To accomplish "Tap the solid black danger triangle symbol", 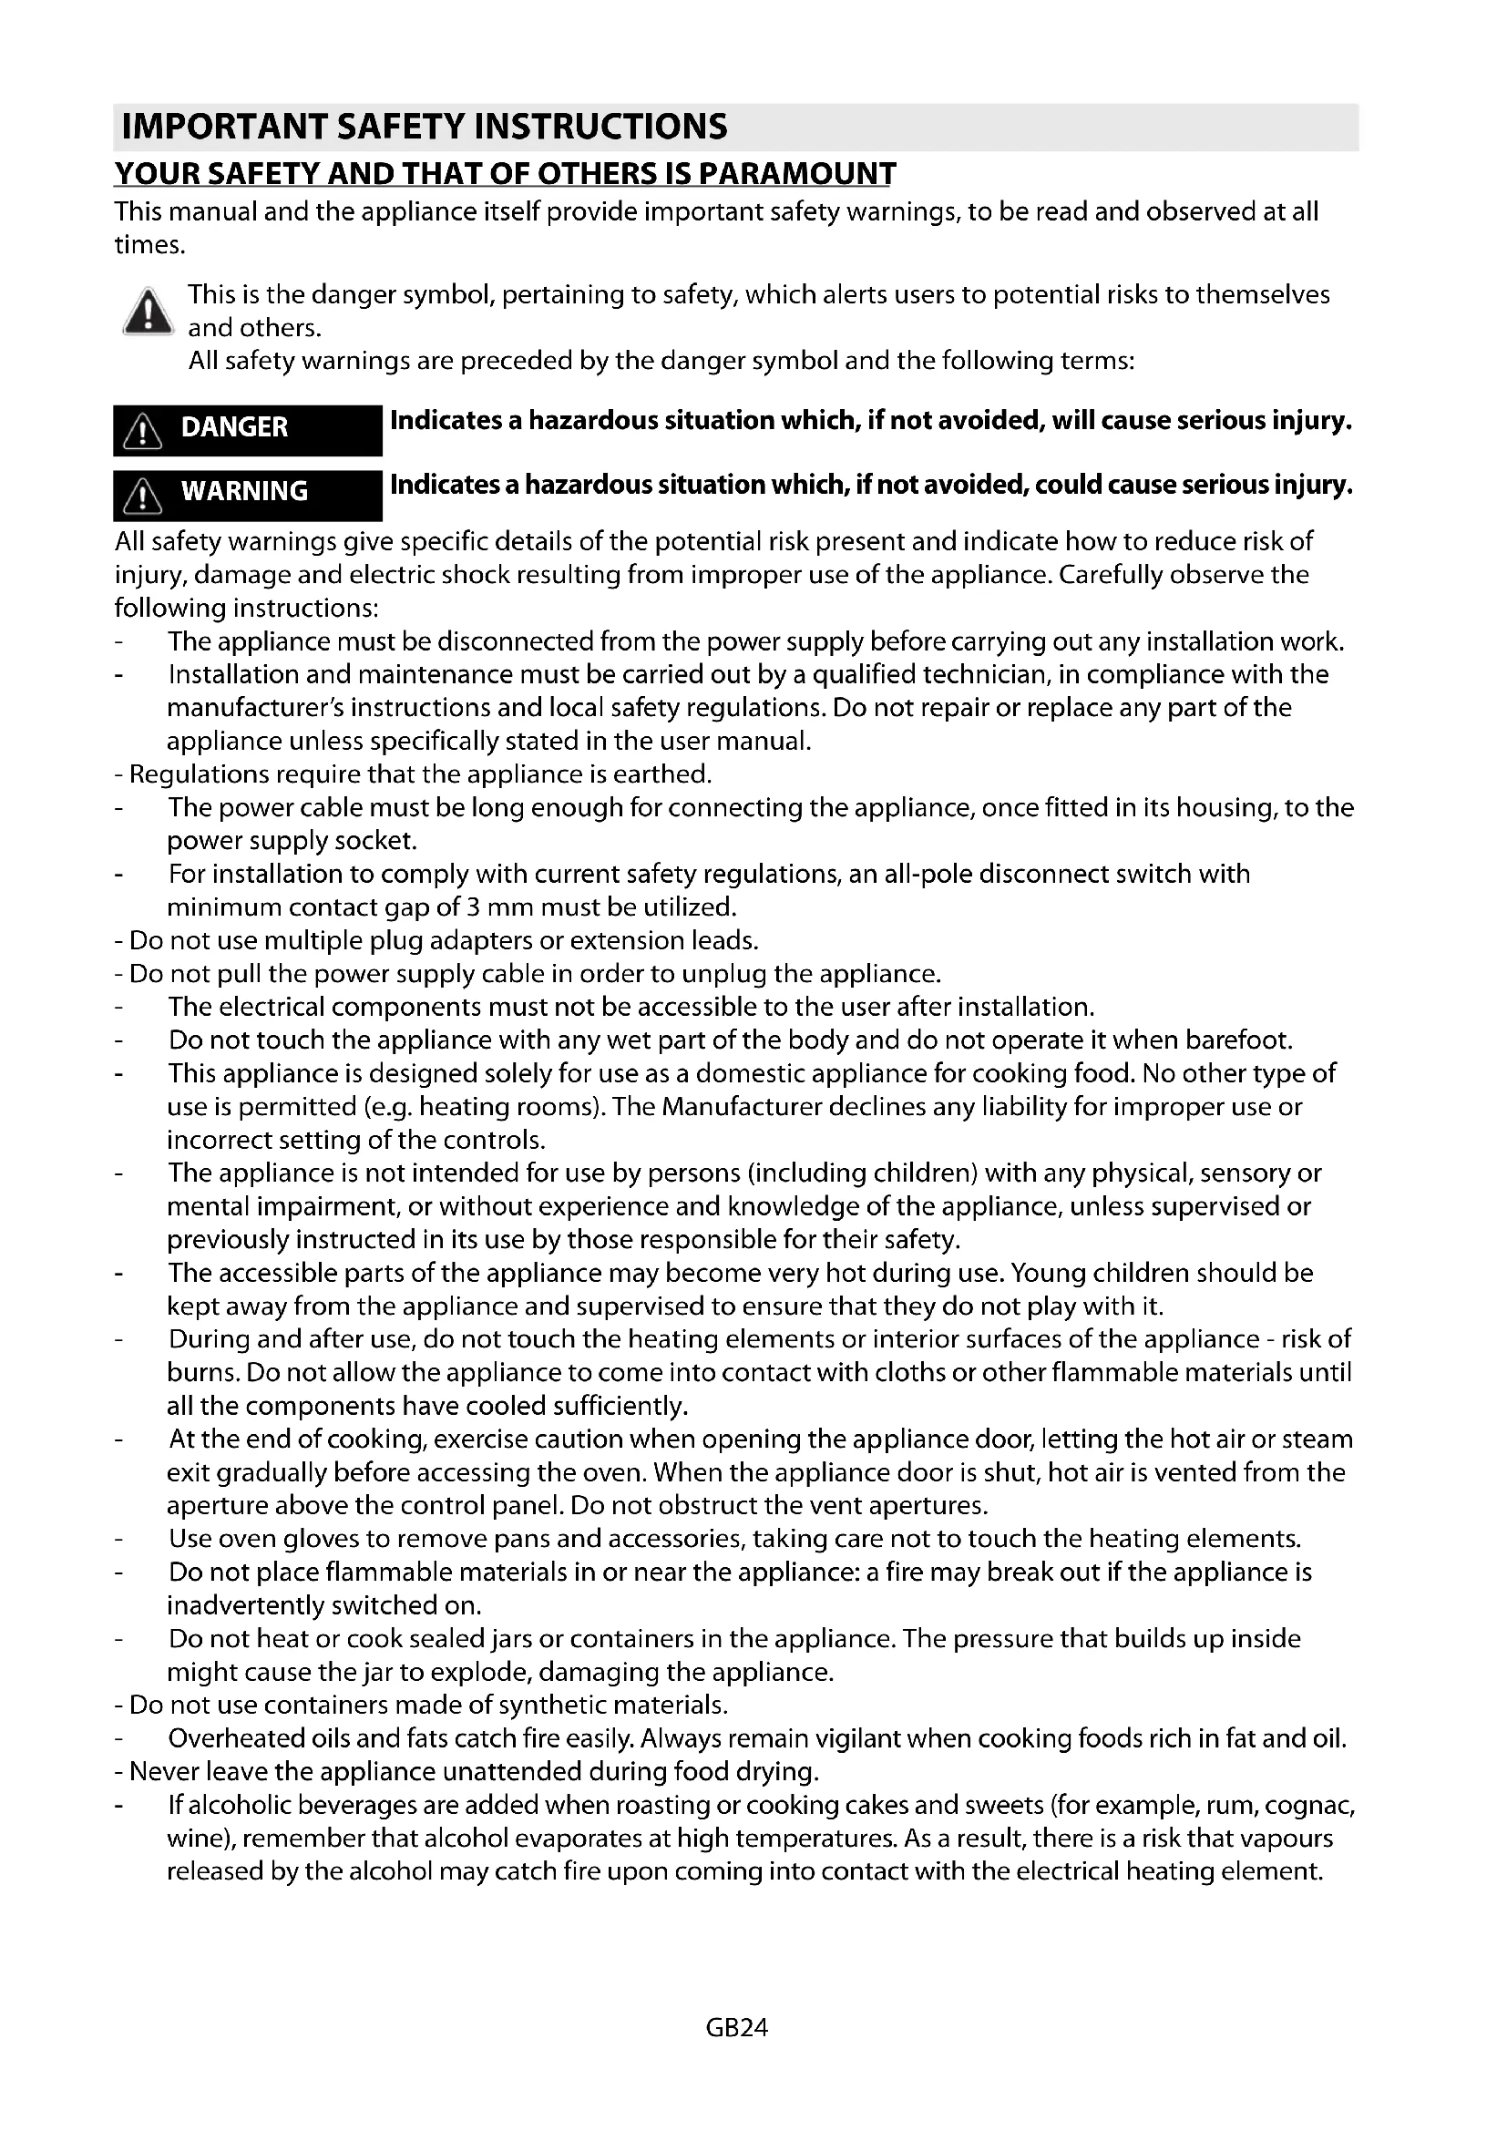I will pos(147,312).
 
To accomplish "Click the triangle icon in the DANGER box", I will pos(143,431).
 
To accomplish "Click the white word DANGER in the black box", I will pos(234,427).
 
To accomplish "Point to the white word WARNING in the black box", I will pos(244,491).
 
